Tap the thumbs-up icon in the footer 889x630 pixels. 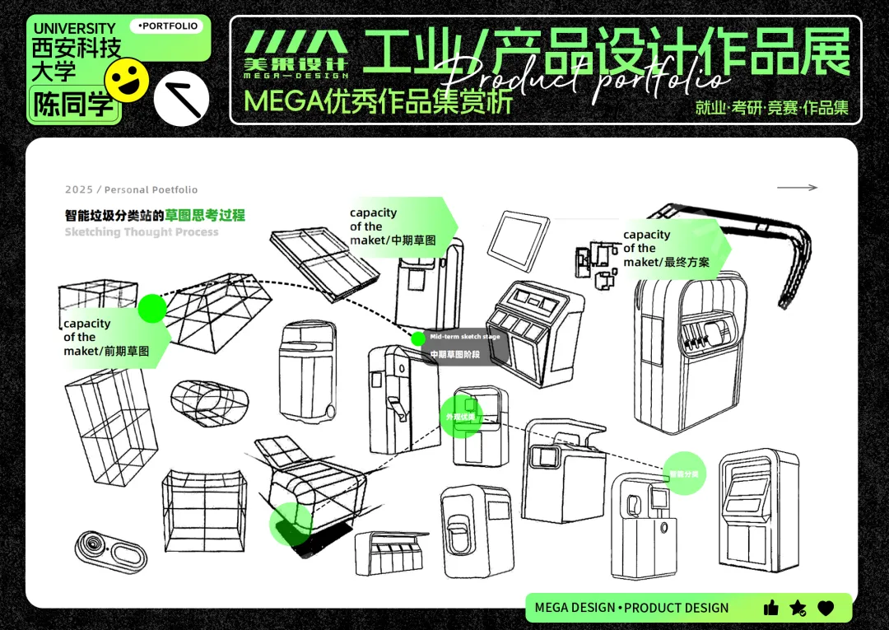770,608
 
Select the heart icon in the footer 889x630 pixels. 826,608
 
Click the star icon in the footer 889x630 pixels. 798,608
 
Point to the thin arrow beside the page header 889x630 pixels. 797,188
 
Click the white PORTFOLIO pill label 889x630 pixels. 169,26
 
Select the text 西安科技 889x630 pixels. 77,49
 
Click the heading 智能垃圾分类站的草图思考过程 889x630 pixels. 155,216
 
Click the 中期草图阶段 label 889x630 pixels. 454,355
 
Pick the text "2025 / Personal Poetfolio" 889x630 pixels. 132,190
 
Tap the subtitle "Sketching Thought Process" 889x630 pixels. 142,232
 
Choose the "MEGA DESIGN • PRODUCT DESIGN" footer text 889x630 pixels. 631,608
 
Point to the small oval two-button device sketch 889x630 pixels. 110,550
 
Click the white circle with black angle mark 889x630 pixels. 182,98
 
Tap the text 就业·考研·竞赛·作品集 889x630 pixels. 771,108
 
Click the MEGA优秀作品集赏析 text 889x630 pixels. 378,101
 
